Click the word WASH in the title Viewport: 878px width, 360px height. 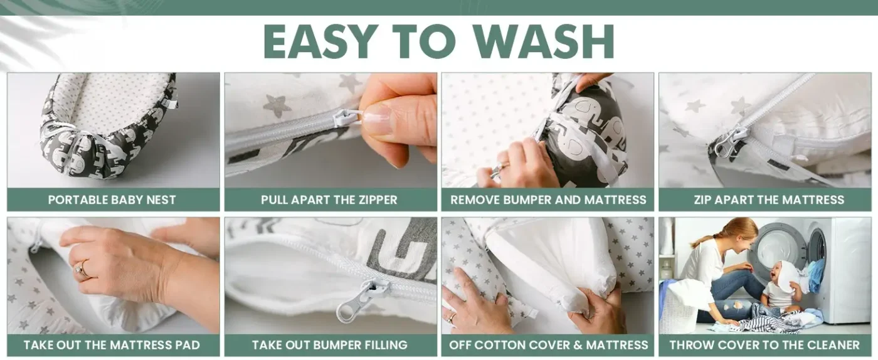click(x=545, y=41)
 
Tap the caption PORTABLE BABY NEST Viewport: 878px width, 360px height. click(x=112, y=200)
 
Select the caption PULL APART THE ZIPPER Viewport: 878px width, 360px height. click(x=329, y=200)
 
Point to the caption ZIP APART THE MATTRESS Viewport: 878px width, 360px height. click(x=769, y=200)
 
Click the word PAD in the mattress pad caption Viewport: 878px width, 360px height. click(x=187, y=345)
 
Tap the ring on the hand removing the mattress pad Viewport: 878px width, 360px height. click(x=82, y=270)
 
